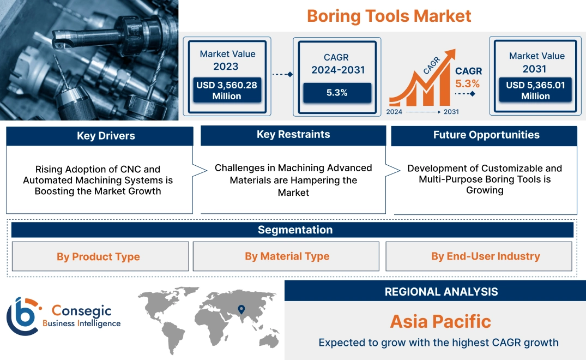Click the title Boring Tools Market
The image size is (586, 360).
click(x=389, y=16)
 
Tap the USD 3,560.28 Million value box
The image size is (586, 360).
click(x=226, y=90)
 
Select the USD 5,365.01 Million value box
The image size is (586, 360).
click(x=535, y=90)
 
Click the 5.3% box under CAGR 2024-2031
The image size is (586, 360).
click(x=337, y=93)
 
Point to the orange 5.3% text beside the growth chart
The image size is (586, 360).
click(x=467, y=83)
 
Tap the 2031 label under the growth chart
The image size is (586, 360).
click(x=451, y=112)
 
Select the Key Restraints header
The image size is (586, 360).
click(x=293, y=135)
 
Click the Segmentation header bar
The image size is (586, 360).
click(x=295, y=230)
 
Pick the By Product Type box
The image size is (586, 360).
click(x=98, y=257)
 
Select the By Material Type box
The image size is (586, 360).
click(x=287, y=256)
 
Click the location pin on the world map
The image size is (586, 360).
click(x=240, y=310)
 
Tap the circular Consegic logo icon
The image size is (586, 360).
click(x=22, y=316)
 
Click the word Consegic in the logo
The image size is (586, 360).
click(x=81, y=311)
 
